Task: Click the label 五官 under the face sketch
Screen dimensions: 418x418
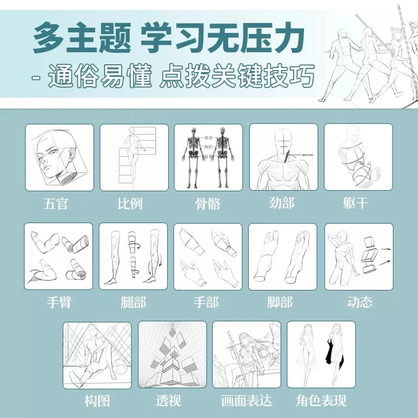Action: (x=56, y=203)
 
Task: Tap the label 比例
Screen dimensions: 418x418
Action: (x=131, y=203)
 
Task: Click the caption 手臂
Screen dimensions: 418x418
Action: (x=58, y=302)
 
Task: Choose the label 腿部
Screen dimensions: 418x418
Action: (x=133, y=302)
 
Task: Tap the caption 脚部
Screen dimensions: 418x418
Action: (x=282, y=302)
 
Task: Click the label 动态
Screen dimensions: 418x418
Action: (x=359, y=302)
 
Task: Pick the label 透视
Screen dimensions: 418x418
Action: (x=168, y=401)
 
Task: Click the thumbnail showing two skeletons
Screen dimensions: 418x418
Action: (x=208, y=157)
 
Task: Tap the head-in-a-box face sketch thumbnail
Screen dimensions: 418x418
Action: (x=60, y=157)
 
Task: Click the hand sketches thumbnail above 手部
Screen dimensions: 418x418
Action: (x=208, y=257)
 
